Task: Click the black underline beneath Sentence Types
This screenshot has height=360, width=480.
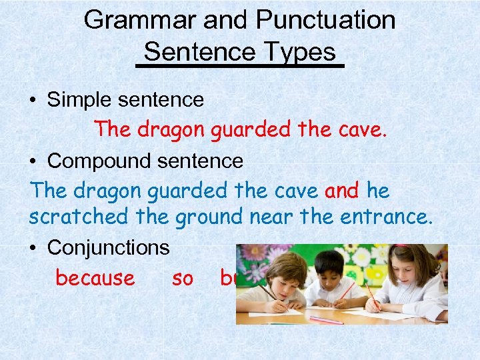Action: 239,65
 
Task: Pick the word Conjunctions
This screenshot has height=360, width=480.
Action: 109,248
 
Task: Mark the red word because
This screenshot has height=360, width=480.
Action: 95,277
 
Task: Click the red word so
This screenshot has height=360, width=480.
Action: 182,277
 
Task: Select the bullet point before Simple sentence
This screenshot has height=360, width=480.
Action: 33,101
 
